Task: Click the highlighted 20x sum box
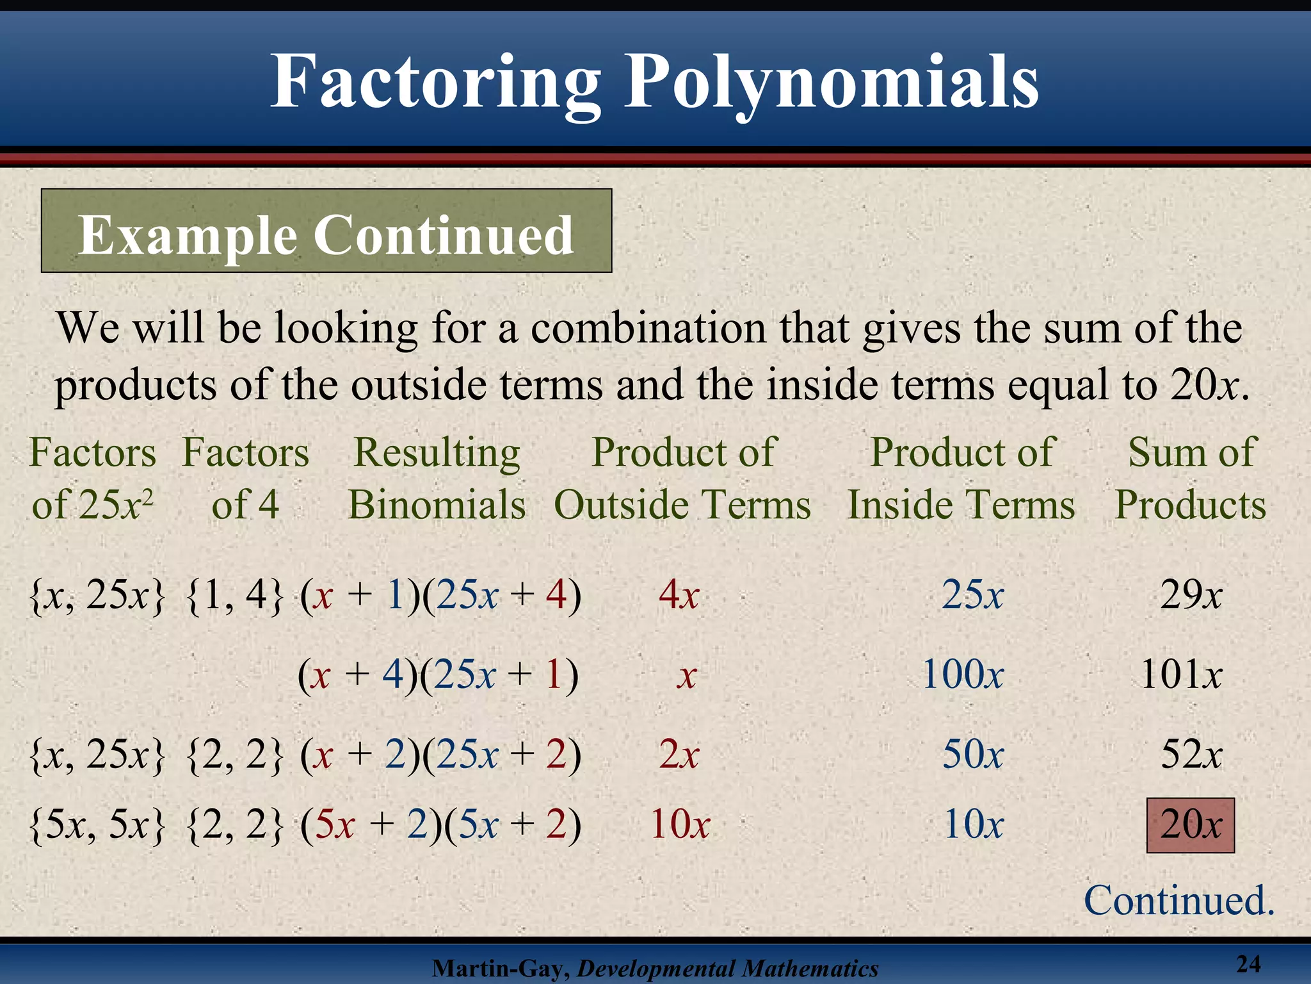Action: click(1190, 825)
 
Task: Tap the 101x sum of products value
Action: click(1182, 675)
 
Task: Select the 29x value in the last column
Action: click(1191, 595)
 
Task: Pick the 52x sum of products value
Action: click(1191, 754)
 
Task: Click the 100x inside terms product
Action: click(963, 675)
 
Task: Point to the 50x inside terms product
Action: click(972, 754)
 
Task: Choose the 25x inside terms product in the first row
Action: click(972, 595)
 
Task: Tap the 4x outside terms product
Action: click(679, 595)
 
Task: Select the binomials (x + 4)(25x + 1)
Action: click(438, 675)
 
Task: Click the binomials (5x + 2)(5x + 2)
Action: click(441, 824)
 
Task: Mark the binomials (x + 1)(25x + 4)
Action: click(441, 595)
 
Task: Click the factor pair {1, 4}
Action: click(234, 595)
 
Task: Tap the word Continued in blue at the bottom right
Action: click(1178, 900)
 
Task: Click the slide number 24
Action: click(1248, 963)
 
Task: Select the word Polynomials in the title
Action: click(831, 82)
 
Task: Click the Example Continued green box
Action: click(326, 231)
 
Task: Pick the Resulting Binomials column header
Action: click(437, 478)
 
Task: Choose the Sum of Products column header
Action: click(1191, 478)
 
